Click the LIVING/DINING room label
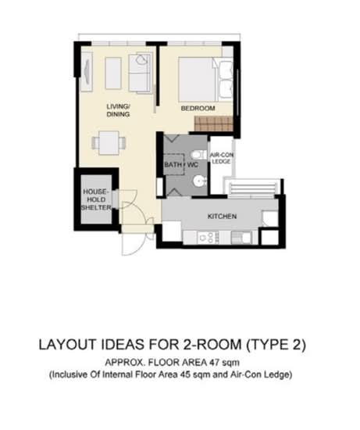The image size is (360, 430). (x=119, y=110)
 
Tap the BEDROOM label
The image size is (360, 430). (x=198, y=107)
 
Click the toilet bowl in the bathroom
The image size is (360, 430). (x=198, y=154)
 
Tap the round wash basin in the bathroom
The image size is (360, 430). (x=199, y=181)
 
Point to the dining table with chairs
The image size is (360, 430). (x=109, y=142)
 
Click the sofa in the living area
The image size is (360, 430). (x=141, y=73)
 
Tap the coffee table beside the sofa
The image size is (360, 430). (x=113, y=73)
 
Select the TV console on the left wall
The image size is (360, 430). (x=87, y=73)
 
